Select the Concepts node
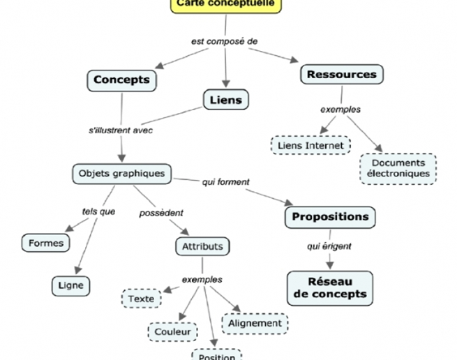(x=121, y=80)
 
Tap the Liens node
(x=226, y=100)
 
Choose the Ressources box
(x=341, y=74)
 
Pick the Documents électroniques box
(x=398, y=168)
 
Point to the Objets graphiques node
(x=121, y=173)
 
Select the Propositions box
(x=330, y=217)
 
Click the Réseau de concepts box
(x=330, y=287)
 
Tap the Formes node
(x=46, y=243)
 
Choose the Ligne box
(x=71, y=285)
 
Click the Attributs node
(x=202, y=246)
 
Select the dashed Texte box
(x=142, y=299)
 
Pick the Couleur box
(x=172, y=332)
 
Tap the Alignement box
(x=255, y=323)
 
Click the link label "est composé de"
(x=225, y=41)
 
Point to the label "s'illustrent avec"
(x=121, y=130)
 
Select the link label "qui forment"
(x=226, y=182)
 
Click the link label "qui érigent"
(x=329, y=246)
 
